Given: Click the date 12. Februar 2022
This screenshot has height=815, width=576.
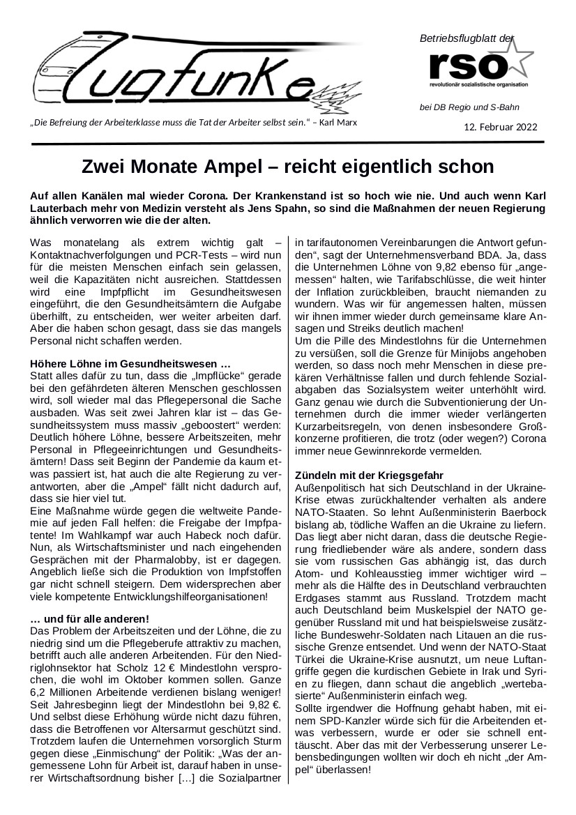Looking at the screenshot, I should tap(501, 128).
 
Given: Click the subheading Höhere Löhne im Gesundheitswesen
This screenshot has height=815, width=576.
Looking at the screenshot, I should tap(130, 364).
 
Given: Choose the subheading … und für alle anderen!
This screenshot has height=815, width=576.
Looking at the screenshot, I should tap(90, 619).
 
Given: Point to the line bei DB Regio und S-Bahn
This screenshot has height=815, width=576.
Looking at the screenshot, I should tap(469, 107).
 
